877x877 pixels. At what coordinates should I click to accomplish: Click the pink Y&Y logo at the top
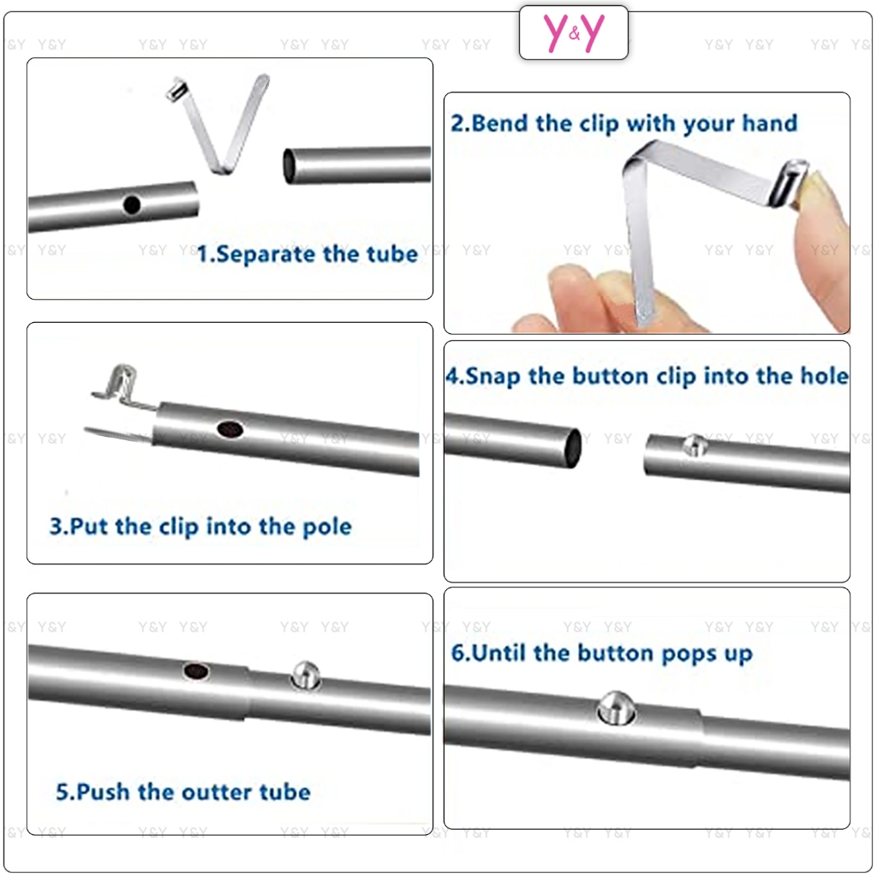click(574, 33)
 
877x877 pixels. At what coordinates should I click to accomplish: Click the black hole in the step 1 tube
click(131, 206)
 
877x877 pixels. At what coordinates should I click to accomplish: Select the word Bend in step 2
click(500, 123)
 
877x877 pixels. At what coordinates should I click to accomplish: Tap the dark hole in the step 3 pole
click(230, 430)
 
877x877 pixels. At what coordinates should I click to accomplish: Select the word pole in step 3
click(326, 528)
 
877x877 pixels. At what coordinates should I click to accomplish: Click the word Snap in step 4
click(492, 377)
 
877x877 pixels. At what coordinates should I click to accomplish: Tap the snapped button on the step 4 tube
click(695, 445)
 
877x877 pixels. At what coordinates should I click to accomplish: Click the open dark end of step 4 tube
click(574, 448)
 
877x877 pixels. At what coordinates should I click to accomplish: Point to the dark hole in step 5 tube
click(196, 671)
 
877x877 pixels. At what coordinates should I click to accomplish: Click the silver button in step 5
click(306, 675)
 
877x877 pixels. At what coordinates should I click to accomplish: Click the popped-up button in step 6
click(616, 708)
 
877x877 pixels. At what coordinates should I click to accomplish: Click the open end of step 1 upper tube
click(289, 165)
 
